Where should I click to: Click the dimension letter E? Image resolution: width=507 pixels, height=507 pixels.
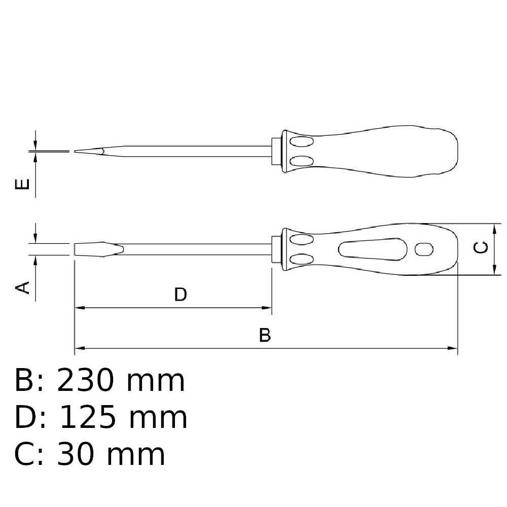[x=22, y=184]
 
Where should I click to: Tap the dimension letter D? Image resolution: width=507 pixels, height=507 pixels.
[x=180, y=294]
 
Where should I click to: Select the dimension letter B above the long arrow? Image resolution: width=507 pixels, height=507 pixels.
[x=265, y=335]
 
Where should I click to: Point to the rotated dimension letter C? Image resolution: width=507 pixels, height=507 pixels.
[x=481, y=247]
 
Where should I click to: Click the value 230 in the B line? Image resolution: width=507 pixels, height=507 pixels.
[x=86, y=381]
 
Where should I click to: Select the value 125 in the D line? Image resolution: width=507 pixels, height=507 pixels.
[x=88, y=417]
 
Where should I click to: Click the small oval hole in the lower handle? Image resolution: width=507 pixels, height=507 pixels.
[x=424, y=248]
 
